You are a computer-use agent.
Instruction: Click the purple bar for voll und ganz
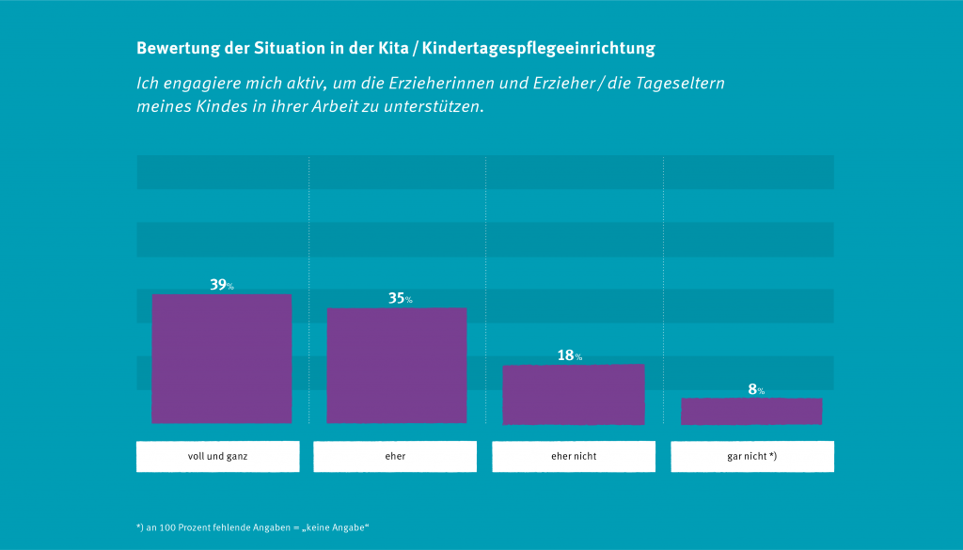(221, 358)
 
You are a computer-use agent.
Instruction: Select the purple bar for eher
(396, 365)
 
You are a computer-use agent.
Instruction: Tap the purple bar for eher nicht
(573, 394)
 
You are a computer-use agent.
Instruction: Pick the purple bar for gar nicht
(750, 411)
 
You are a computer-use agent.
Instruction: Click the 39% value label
(221, 284)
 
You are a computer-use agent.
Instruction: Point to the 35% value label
(400, 298)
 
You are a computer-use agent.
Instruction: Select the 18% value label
(569, 355)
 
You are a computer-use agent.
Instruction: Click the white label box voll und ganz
(217, 456)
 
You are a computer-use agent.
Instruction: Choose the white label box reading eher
(395, 456)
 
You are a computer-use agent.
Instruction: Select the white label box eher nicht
(574, 456)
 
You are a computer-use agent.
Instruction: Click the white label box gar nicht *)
(751, 456)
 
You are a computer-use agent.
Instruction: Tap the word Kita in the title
(391, 48)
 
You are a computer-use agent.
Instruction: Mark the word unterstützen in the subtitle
(436, 106)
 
